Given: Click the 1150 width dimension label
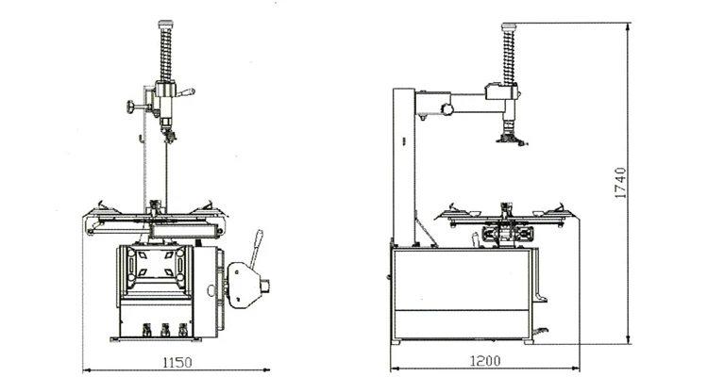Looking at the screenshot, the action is click(177, 361).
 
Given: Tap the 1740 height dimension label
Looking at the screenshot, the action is click(619, 183).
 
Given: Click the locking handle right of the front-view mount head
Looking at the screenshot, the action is click(187, 92).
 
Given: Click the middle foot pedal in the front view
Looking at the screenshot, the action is click(165, 330).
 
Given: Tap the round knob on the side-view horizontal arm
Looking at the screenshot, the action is click(447, 109).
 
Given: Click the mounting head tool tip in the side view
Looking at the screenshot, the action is click(510, 139).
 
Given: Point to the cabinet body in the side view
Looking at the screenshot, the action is click(463, 292).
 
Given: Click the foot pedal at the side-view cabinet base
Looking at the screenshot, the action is click(542, 331).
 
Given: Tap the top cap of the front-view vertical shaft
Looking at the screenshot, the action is click(165, 22).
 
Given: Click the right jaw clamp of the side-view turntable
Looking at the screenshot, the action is click(559, 208).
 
